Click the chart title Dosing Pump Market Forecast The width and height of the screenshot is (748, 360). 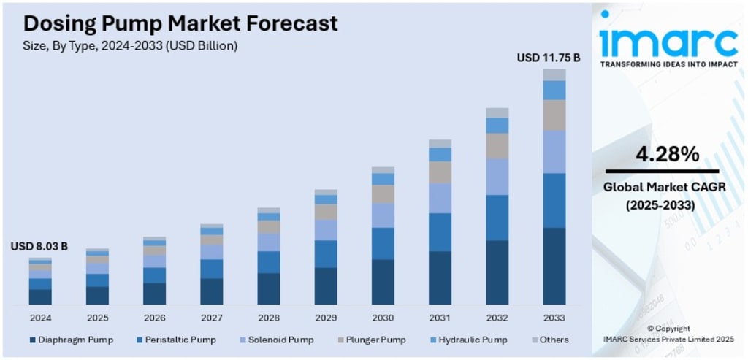pos(180,23)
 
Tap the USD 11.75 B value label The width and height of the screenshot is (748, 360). pos(549,57)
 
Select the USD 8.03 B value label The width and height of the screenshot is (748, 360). pos(39,247)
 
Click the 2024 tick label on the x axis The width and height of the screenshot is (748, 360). pos(40,318)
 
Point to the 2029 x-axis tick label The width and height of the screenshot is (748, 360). pos(326,318)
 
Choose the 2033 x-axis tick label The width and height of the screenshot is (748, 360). pos(554,318)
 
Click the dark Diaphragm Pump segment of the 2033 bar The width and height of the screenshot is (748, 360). pos(554,266)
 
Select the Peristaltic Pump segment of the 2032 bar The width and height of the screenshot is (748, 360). pos(497,218)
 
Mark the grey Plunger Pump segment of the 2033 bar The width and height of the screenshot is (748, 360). pos(554,115)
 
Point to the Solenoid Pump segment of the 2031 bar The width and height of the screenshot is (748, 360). pos(440,198)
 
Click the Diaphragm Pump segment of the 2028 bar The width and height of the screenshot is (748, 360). pos(269,288)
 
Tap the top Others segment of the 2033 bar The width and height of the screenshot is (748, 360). pos(554,74)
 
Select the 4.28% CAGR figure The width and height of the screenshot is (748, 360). pos(667,155)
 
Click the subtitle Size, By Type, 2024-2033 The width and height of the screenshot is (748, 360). pos(131,45)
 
